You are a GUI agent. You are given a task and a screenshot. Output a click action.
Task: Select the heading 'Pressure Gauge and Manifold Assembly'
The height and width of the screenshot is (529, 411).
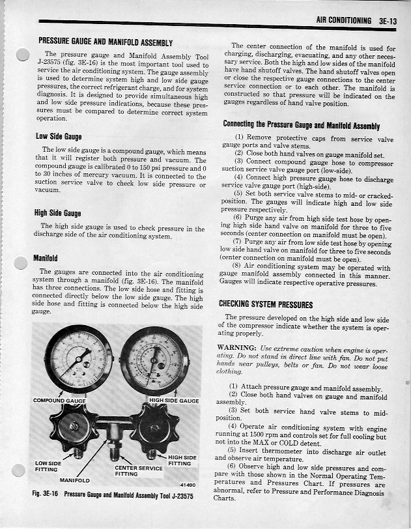coord(105,42)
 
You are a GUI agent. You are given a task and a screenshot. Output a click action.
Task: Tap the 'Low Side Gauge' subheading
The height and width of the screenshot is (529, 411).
coord(58,136)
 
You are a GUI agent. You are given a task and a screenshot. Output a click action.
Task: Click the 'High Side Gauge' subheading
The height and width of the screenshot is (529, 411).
coord(59,213)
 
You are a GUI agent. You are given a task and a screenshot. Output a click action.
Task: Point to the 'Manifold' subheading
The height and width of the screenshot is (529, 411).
coord(45,258)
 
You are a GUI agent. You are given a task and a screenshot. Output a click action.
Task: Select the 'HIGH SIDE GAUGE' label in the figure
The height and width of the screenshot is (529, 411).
coord(174,400)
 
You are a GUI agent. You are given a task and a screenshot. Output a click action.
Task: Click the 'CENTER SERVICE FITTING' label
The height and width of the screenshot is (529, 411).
coord(138,470)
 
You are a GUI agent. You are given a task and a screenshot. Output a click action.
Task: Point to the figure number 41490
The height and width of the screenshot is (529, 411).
coord(188,484)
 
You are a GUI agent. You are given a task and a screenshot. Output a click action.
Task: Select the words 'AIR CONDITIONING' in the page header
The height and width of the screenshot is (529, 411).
coord(343,21)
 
